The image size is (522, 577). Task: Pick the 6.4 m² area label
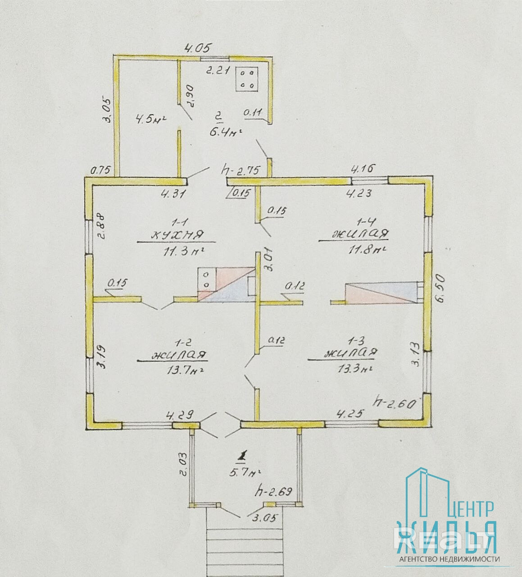(x=223, y=132)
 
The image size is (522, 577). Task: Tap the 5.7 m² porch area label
(x=244, y=473)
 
